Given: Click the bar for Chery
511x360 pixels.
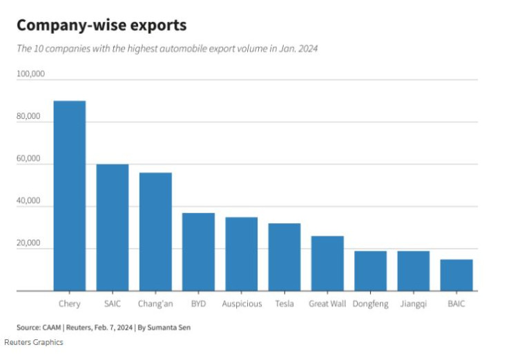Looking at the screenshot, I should click(70, 196).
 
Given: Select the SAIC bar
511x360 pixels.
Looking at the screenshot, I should click(113, 228).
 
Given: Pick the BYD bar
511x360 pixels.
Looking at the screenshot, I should click(198, 252).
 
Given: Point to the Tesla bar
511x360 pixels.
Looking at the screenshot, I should click(284, 257).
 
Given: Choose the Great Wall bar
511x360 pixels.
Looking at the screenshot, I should click(327, 263).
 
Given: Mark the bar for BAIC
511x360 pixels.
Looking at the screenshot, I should click(456, 275).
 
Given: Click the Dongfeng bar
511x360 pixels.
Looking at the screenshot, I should click(371, 271).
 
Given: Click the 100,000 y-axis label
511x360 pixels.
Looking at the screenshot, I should click(31, 74).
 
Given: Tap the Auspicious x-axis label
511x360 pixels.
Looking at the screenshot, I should click(242, 304).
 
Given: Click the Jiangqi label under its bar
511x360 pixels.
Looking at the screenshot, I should click(414, 304).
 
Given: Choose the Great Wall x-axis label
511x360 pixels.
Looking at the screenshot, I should click(327, 304).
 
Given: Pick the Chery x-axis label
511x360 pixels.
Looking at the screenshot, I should click(70, 304).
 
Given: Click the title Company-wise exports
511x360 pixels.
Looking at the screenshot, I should click(102, 26).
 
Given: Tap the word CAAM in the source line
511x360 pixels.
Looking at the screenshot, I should click(53, 328).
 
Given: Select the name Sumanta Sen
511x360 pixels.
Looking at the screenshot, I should click(170, 328).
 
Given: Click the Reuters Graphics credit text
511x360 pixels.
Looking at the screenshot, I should click(34, 343).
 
